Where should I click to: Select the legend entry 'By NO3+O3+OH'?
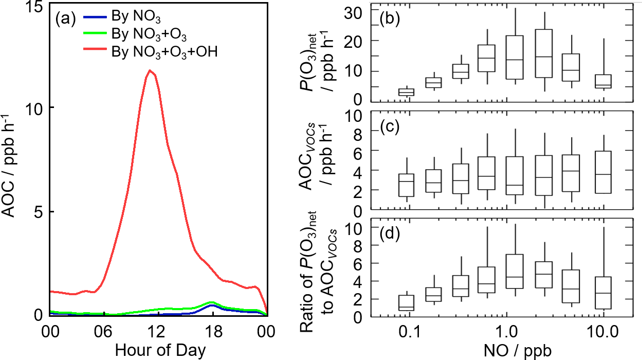164,51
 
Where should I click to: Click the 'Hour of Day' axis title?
160,350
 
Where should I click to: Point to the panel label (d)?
390,236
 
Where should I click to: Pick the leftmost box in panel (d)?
407,302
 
